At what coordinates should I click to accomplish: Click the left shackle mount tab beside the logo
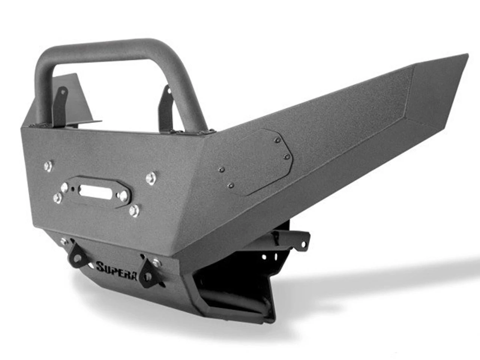pos(77,256)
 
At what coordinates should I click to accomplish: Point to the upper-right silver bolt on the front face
pos(151,178)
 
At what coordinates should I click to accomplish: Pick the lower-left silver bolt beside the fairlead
pos(57,198)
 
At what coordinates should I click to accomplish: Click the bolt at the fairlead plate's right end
pos(123,195)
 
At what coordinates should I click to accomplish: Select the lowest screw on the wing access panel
pos(231,185)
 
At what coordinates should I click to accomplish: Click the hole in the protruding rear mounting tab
pos(303,245)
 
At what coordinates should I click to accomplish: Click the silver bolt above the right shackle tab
pos(156,262)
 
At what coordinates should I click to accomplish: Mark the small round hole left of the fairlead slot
pos(64,186)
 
